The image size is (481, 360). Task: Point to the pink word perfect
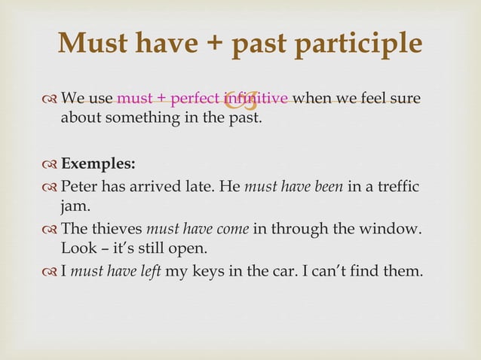190,99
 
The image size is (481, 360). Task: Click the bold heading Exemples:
98,163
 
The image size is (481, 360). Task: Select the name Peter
79,186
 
